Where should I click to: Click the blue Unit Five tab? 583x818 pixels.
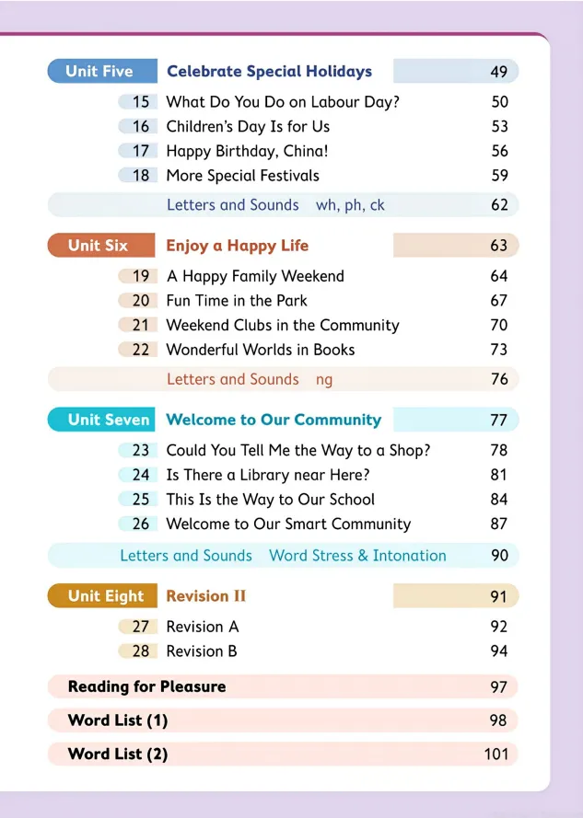tap(99, 72)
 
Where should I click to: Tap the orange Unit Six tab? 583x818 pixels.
tap(98, 246)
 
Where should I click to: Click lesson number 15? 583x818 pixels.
tap(140, 102)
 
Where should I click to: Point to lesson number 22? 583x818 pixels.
tap(140, 350)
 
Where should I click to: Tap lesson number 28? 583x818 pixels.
tap(140, 651)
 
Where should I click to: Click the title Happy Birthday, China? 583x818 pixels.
tap(247, 151)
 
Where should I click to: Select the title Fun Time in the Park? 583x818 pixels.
tap(237, 301)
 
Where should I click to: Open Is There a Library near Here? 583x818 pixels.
tap(268, 475)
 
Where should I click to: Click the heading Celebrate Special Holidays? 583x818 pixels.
tap(269, 72)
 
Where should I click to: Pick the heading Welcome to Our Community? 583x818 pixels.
tap(273, 420)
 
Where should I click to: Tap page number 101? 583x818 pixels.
tap(496, 755)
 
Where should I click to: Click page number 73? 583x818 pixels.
tap(498, 350)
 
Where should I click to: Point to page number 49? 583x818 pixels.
tap(498, 72)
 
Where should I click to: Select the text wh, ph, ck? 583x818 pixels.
tap(350, 205)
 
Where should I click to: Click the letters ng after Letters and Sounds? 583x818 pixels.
tap(324, 379)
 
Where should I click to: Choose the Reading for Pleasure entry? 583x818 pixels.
tap(146, 686)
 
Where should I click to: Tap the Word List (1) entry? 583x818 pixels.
tap(118, 720)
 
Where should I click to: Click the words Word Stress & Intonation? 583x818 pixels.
tap(357, 556)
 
